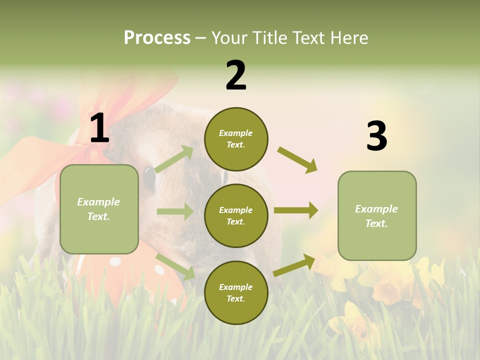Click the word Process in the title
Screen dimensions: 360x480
coord(157,37)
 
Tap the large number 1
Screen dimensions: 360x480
coord(99,128)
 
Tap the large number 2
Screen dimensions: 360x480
coord(236,75)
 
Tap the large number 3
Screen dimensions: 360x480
coord(376,136)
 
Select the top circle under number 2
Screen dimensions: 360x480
coord(236,139)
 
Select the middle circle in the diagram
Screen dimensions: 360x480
coord(236,215)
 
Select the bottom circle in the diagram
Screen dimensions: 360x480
coord(236,292)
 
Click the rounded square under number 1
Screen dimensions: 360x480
coord(99,209)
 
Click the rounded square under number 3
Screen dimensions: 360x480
coord(377,215)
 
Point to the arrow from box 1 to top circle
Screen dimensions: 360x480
coord(174,159)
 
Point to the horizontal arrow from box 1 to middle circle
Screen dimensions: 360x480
coord(175,211)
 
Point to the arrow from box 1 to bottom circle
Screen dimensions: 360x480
coord(175,266)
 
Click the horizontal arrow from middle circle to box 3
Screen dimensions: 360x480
coord(296,210)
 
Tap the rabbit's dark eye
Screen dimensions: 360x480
coord(149,178)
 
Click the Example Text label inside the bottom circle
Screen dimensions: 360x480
coord(236,292)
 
